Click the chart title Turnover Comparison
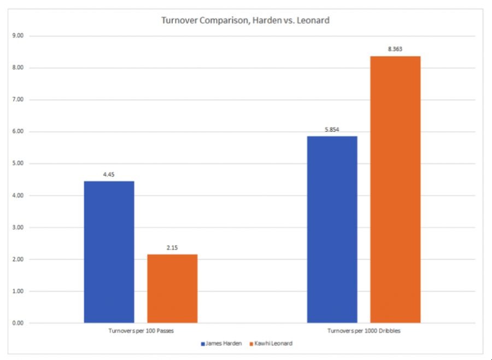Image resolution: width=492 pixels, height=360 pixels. [x=245, y=21]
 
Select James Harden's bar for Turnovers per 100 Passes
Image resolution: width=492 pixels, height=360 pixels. [x=109, y=252]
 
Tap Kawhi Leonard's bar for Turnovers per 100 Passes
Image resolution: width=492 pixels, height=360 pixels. [x=172, y=288]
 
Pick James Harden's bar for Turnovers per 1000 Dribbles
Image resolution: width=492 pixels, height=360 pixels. [x=332, y=229]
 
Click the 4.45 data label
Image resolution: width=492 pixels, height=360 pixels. [x=109, y=175]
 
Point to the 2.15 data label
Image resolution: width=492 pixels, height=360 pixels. [x=172, y=248]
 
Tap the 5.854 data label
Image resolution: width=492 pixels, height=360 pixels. [x=332, y=130]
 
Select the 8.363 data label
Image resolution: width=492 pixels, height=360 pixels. [x=395, y=50]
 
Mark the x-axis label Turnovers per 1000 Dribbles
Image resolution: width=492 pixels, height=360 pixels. [x=364, y=331]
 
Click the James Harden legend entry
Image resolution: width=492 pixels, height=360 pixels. [x=223, y=344]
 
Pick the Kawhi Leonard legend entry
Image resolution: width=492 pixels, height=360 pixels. [x=271, y=344]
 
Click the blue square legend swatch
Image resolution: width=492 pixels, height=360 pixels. [x=202, y=344]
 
